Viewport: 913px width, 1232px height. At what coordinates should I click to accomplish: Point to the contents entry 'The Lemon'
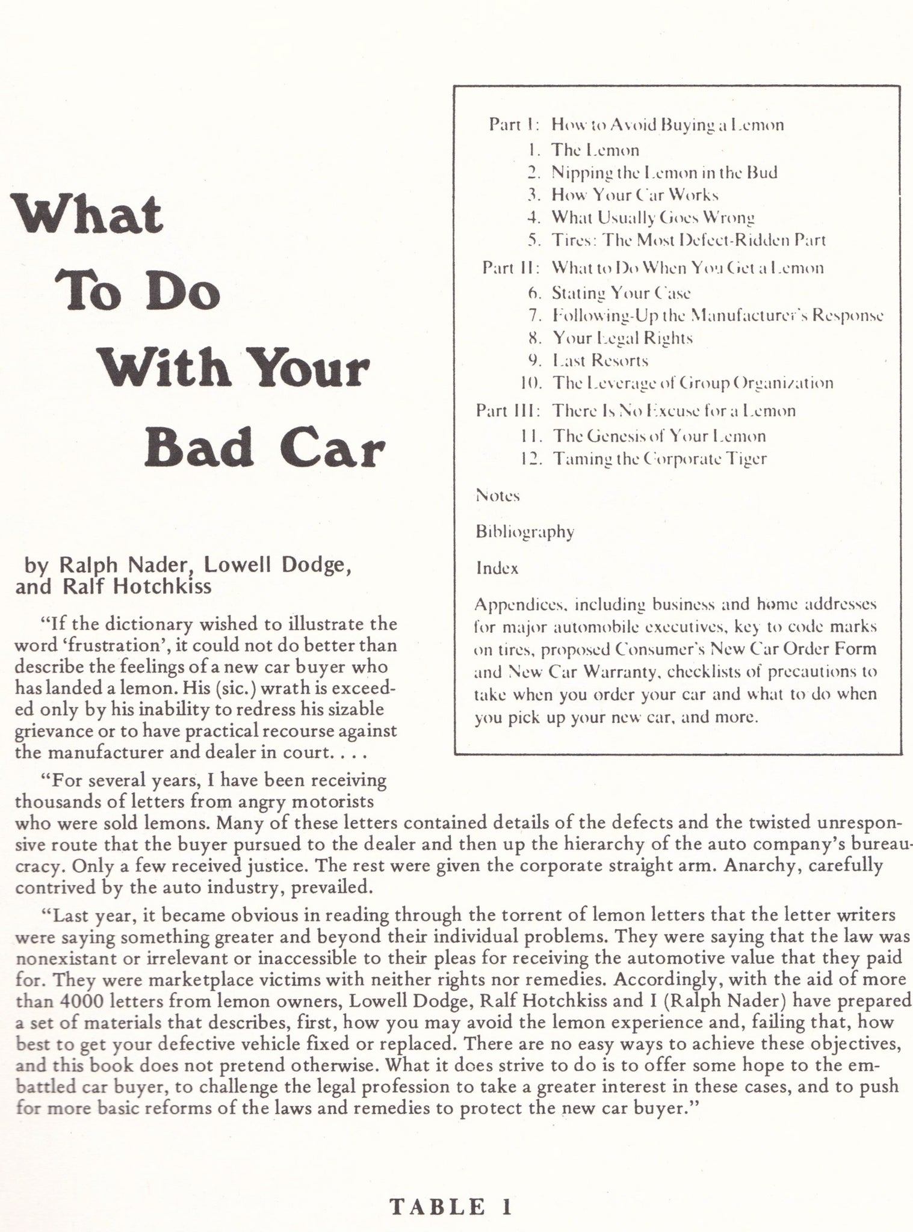tap(595, 150)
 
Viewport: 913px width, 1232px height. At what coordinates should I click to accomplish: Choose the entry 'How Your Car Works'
tap(635, 195)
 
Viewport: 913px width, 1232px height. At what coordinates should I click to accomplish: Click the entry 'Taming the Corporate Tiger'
tap(660, 459)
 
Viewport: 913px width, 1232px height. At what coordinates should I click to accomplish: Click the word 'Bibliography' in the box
tap(524, 532)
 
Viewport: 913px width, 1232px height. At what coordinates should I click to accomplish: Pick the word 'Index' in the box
tap(497, 568)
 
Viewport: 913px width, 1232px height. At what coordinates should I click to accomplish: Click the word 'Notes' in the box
tap(497, 496)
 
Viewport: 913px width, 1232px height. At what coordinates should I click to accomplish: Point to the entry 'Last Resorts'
tap(600, 360)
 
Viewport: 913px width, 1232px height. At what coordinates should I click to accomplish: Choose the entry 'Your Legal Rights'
tap(622, 338)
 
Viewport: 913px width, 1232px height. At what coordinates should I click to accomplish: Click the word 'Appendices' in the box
tap(518, 603)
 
